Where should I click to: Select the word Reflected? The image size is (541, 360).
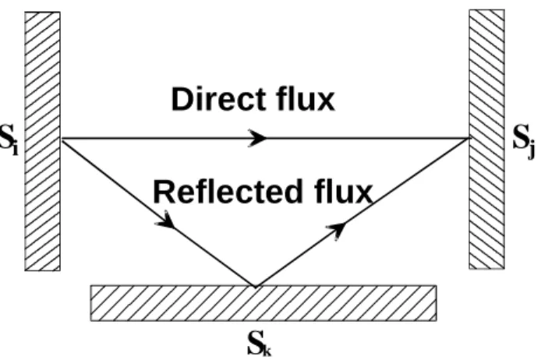228,191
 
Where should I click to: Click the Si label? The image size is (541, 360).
9,139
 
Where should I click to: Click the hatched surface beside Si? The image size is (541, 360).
42,141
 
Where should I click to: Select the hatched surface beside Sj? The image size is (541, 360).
487,139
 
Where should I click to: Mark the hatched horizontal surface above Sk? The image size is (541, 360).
263,303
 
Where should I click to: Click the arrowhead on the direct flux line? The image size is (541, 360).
257,138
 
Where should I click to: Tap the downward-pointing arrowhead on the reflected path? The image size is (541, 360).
166,221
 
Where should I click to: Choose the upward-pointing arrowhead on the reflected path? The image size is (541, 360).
336,230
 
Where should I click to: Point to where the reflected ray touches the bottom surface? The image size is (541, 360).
256,286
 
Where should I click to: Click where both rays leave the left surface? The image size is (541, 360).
62,138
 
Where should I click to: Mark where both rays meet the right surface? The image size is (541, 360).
469,138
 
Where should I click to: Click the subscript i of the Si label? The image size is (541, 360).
15,149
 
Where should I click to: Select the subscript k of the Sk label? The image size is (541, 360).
267,351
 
